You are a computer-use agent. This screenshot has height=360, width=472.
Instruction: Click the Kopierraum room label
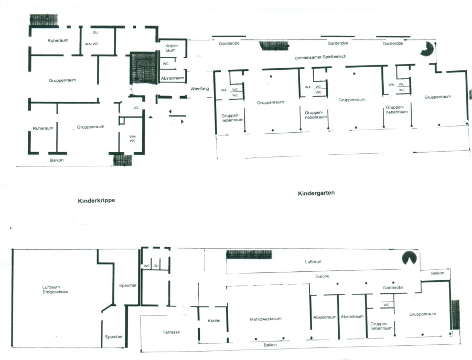(x=173, y=48)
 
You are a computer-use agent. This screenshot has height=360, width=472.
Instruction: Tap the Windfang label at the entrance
(x=200, y=89)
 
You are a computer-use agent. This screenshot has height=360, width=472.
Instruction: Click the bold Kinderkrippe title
(x=96, y=200)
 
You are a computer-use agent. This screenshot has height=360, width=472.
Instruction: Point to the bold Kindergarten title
(x=316, y=193)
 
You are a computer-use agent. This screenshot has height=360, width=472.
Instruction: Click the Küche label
(x=213, y=321)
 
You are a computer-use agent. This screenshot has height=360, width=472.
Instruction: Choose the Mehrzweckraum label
(x=266, y=319)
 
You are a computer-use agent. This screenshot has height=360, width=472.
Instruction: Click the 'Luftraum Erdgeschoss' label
(x=56, y=289)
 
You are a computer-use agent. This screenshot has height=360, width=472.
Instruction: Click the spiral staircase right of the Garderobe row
(x=428, y=49)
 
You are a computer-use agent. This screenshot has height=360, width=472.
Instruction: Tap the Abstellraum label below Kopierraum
(x=172, y=78)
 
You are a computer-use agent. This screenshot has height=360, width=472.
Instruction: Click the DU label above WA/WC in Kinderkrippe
(x=95, y=33)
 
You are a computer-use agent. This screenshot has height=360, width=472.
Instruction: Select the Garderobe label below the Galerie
(x=393, y=288)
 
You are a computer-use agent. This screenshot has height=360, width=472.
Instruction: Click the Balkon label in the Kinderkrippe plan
(x=57, y=160)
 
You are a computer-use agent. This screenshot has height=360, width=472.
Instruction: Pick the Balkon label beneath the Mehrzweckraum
(x=270, y=345)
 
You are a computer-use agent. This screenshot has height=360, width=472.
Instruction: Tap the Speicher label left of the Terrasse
(x=114, y=337)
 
